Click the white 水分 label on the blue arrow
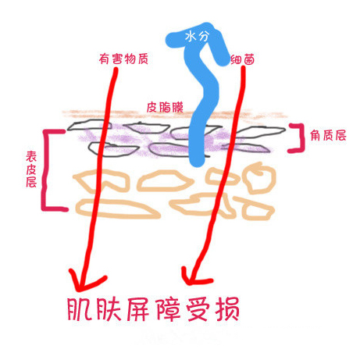coord(197,36)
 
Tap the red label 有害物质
coord(123,59)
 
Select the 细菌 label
coord(243,60)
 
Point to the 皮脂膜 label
coord(165,107)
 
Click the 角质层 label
coord(328,136)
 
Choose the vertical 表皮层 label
coord(31,169)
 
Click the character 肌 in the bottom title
coord(80,309)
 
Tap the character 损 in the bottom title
coord(227,309)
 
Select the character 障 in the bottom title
coord(169,309)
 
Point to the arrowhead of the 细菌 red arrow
coord(189,282)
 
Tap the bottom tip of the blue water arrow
coord(197,165)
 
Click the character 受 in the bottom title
coord(198,309)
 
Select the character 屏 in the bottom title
coord(139,309)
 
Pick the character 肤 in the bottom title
coord(109,309)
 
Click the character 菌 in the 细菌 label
coord(249,60)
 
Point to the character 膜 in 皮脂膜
coord(177,107)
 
